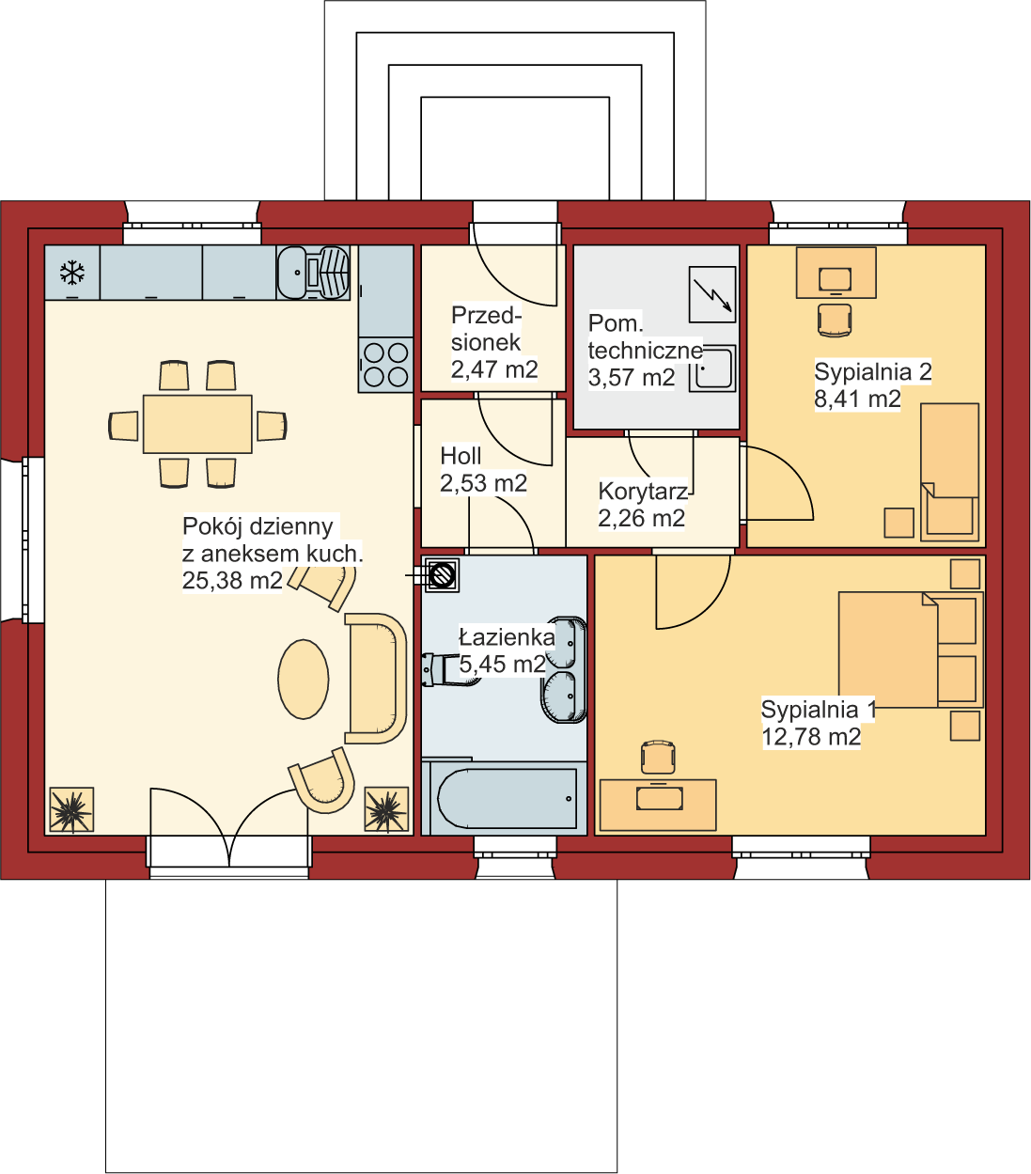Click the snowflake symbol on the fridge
pyautogui.click(x=72, y=273)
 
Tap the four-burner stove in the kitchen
pyautogui.click(x=385, y=365)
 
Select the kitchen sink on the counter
pyautogui.click(x=313, y=272)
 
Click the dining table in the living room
pyautogui.click(x=197, y=424)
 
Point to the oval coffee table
pyautogui.click(x=304, y=680)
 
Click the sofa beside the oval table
pyautogui.click(x=375, y=678)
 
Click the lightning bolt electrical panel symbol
pyautogui.click(x=712, y=294)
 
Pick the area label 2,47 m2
pyautogui.click(x=494, y=369)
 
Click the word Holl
pyautogui.click(x=461, y=456)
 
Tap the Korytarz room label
pyautogui.click(x=643, y=492)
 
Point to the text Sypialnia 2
pyautogui.click(x=873, y=371)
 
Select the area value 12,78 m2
pyautogui.click(x=811, y=737)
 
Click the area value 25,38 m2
pyautogui.click(x=232, y=580)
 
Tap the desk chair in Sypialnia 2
pyautogui.click(x=835, y=320)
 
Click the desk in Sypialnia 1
pyautogui.click(x=658, y=805)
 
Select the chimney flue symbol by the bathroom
pyautogui.click(x=442, y=575)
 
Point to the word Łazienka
pyautogui.click(x=507, y=637)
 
